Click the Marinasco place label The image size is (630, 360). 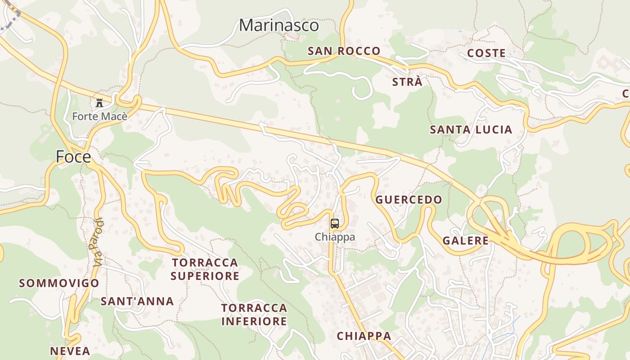point(279,25)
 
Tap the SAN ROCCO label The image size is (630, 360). point(344,51)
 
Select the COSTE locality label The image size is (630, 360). point(486,53)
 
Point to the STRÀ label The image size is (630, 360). point(407,82)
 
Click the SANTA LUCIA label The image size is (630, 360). point(471,130)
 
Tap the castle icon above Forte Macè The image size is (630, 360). point(99,103)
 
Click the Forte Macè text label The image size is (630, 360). point(100,117)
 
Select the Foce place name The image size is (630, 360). point(73,157)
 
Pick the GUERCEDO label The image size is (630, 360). point(409,200)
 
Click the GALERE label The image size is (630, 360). point(465,240)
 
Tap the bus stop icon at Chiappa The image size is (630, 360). point(335,224)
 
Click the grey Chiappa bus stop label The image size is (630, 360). point(335,237)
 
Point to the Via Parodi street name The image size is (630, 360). point(99,242)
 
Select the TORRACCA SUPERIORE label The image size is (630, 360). point(205,269)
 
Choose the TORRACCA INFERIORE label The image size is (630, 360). point(254,315)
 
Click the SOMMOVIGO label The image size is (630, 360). point(59,283)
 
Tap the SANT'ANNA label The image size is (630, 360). point(137,301)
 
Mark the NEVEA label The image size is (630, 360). point(70,351)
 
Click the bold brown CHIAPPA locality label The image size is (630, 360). point(364,336)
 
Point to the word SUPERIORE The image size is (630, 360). point(205,276)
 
